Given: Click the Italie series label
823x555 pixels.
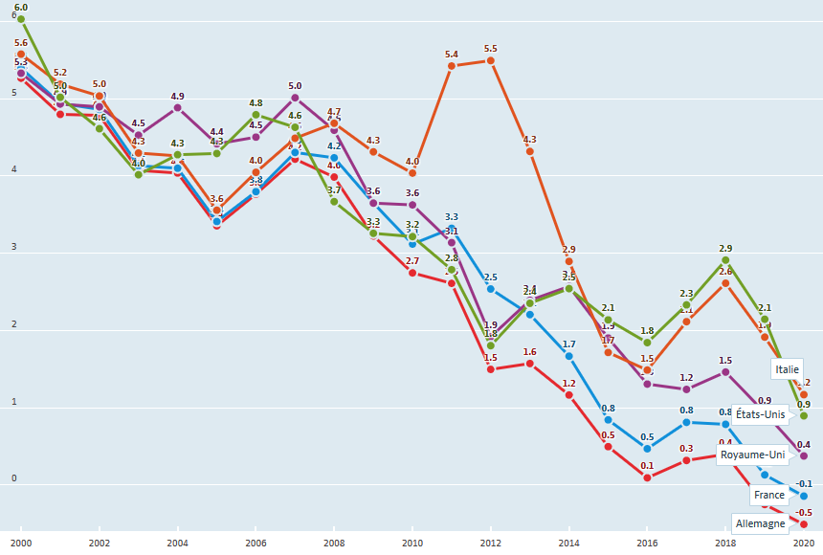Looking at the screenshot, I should (788, 368).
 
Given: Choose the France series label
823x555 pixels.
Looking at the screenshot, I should (768, 495).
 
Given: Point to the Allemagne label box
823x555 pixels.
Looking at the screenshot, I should (759, 523).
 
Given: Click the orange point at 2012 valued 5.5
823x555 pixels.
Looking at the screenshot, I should (491, 60).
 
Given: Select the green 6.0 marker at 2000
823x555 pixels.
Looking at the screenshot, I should (20, 19).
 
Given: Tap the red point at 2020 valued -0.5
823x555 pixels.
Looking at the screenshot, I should (804, 524).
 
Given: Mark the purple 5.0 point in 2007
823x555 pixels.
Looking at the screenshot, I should (295, 98).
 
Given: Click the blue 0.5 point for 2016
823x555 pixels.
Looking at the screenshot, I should (647, 449).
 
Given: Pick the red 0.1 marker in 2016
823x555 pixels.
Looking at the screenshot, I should (647, 477).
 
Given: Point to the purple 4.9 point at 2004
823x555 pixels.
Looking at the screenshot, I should (177, 107).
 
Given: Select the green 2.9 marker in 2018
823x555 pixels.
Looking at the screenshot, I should (725, 260).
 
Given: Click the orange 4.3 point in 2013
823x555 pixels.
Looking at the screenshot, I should (530, 151).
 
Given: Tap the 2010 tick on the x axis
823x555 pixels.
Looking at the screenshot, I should (412, 543).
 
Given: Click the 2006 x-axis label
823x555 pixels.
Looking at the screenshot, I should (256, 543).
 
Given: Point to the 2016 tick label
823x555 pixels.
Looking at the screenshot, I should (647, 543).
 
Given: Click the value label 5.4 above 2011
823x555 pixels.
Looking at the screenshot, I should (451, 54).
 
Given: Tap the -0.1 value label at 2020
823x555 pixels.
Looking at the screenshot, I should (804, 484).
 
